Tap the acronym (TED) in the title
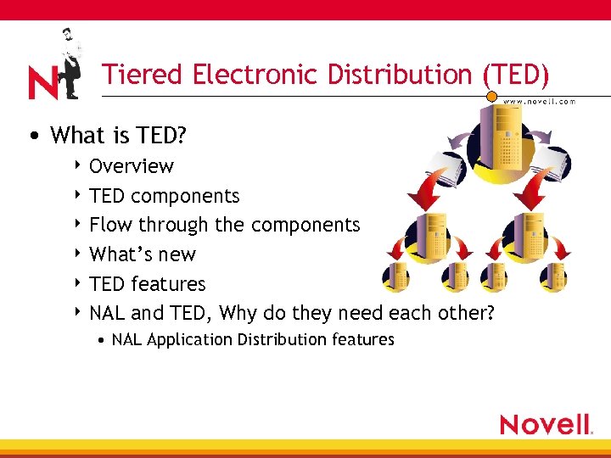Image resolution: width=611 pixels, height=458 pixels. [516, 75]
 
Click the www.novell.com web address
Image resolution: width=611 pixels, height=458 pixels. [540, 101]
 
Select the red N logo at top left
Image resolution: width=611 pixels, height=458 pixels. [42, 82]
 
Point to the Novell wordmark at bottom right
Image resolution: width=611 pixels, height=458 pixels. [546, 424]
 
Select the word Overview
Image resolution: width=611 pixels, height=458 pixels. [132, 166]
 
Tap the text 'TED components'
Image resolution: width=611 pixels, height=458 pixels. [165, 196]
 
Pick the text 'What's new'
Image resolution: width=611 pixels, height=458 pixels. [143, 254]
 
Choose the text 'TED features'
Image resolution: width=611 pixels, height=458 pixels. [148, 284]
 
